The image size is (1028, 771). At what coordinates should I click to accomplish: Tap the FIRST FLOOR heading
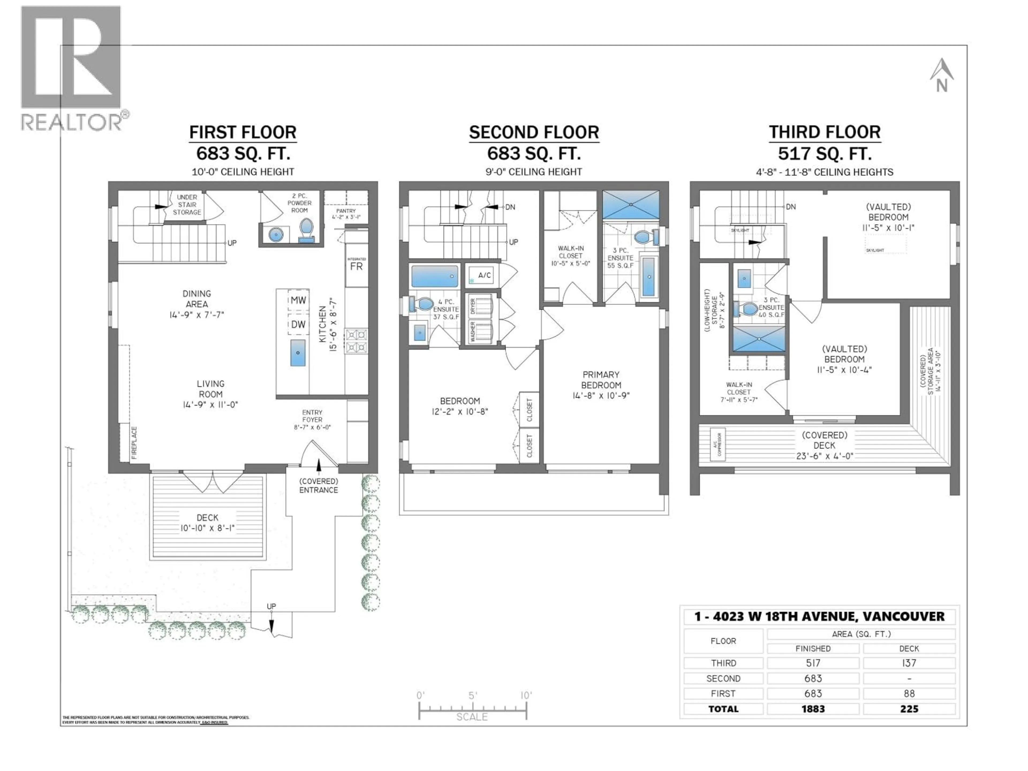point(243,133)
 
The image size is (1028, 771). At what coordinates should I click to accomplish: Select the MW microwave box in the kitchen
point(298,300)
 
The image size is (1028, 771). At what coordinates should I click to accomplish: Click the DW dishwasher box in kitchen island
point(298,324)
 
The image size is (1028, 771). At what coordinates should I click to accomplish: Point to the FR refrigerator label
point(357,267)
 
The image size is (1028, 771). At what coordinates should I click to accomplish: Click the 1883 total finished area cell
point(812,709)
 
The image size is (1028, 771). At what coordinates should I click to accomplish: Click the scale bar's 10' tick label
point(526,695)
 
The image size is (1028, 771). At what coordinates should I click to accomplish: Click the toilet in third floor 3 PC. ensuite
point(748,308)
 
